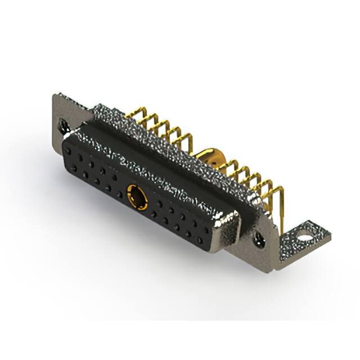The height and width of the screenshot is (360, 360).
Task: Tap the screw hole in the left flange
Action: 62,123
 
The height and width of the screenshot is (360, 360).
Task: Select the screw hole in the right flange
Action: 260,238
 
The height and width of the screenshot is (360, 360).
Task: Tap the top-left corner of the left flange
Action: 55,96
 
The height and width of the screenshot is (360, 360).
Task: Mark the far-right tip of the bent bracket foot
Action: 330,236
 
